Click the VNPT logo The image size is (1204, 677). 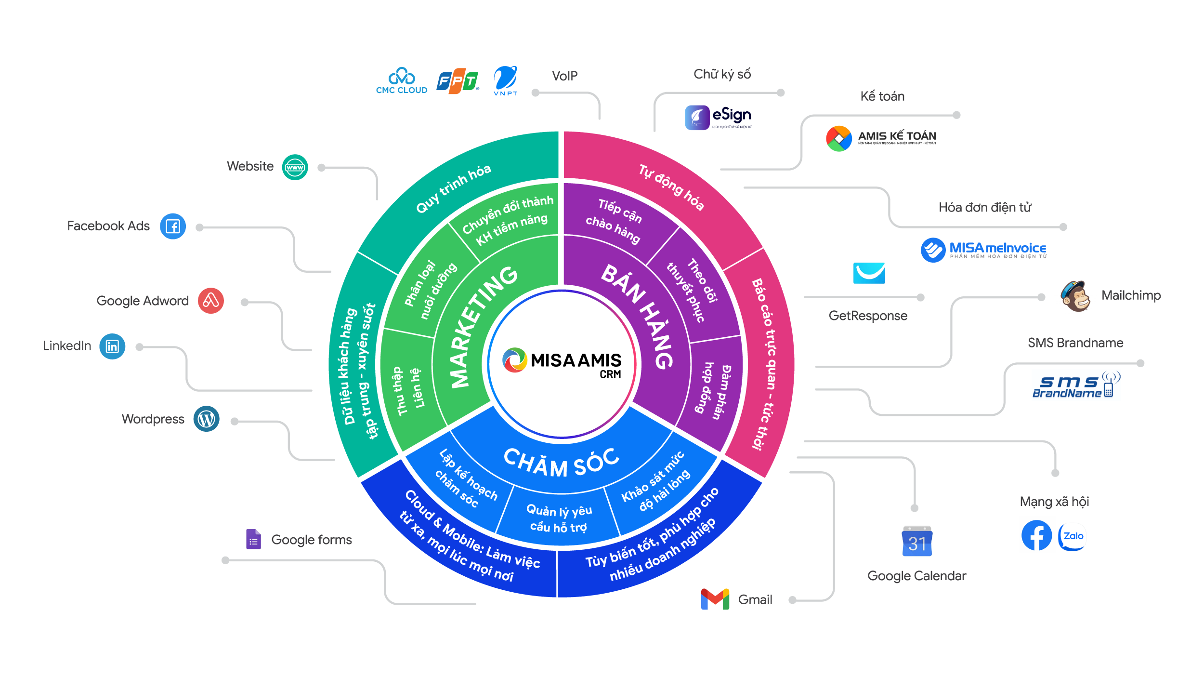click(x=504, y=80)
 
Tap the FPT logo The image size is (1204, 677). click(x=458, y=81)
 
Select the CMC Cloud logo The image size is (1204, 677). click(x=402, y=81)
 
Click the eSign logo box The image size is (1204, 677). click(x=718, y=118)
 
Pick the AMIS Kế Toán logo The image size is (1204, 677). click(x=882, y=138)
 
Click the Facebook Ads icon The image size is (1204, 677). click(x=173, y=226)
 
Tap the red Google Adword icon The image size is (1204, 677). click(x=211, y=301)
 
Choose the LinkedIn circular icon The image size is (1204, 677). click(x=112, y=346)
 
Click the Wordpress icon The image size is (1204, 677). click(x=207, y=419)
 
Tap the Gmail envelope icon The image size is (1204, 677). click(x=715, y=599)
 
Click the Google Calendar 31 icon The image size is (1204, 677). click(x=916, y=539)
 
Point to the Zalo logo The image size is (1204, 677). click(x=1073, y=536)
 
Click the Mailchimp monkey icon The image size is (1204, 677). click(x=1075, y=296)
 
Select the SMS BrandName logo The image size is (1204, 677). click(x=1076, y=385)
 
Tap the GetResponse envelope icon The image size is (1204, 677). click(x=868, y=273)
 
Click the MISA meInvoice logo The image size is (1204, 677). click(x=983, y=250)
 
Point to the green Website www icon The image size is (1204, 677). click(x=295, y=167)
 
